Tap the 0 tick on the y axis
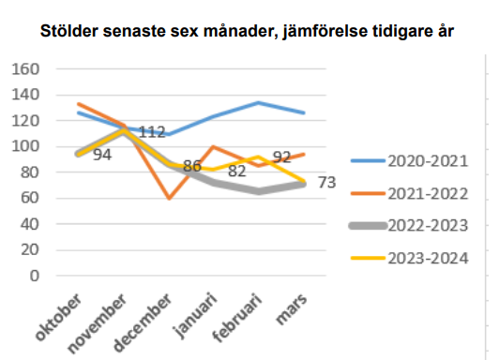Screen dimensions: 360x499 34,277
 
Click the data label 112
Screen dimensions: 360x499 152,132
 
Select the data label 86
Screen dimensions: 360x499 192,166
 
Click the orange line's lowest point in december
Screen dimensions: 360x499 169,198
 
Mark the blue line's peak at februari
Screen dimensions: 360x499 259,102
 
